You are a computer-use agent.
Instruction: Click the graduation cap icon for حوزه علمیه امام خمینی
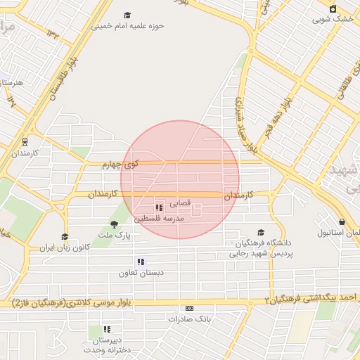127,15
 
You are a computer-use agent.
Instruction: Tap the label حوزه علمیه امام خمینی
127,26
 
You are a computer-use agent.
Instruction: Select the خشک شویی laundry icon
333,8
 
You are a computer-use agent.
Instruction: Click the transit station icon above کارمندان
25,141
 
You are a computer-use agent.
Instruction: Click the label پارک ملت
114,235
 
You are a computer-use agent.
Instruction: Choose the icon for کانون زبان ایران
65,237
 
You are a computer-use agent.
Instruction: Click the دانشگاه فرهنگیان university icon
261,232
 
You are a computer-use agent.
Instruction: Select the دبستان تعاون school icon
141,262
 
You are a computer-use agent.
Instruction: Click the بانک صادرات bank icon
189,308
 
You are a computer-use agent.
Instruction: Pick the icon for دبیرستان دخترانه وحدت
108,328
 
